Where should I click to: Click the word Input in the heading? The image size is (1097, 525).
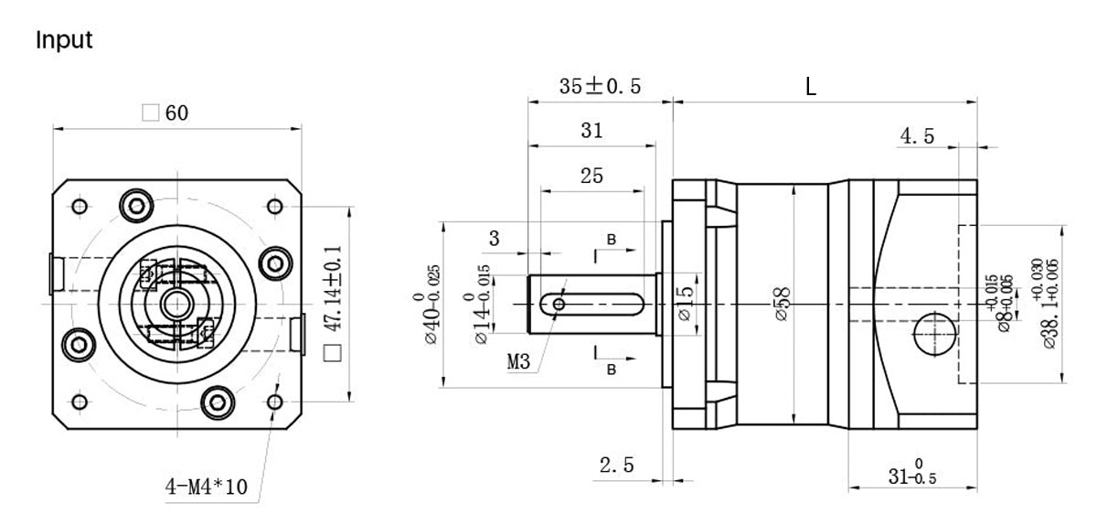click(x=64, y=41)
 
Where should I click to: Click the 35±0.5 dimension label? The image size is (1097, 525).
click(x=600, y=86)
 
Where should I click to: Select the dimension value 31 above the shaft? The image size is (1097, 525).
click(x=591, y=131)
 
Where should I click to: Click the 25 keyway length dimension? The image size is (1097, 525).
click(x=591, y=177)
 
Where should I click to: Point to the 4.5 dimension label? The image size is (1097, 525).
click(x=917, y=136)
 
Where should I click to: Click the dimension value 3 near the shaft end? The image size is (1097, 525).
click(x=495, y=239)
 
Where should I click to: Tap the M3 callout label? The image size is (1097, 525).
click(x=520, y=360)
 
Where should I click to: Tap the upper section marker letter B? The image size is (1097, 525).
click(x=612, y=240)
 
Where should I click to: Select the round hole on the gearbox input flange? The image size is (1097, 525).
click(x=935, y=335)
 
